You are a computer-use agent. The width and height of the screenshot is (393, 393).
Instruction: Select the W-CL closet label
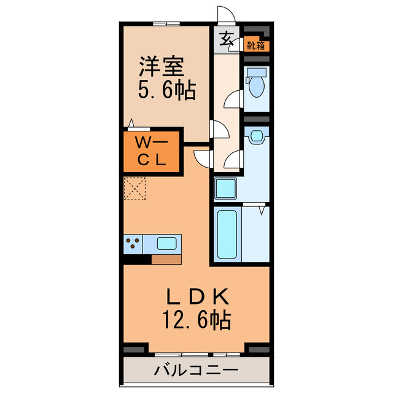[x=150, y=152]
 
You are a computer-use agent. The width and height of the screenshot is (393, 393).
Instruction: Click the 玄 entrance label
[x=226, y=38]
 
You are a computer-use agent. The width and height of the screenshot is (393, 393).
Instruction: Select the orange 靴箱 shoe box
[x=256, y=45]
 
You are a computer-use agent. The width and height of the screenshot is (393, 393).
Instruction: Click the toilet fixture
[x=256, y=82]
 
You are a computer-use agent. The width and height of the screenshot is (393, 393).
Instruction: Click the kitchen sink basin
[x=167, y=243]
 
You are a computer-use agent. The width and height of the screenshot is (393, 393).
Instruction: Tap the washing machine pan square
[x=227, y=188]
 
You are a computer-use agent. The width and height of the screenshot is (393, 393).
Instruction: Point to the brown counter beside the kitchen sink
[x=166, y=259]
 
